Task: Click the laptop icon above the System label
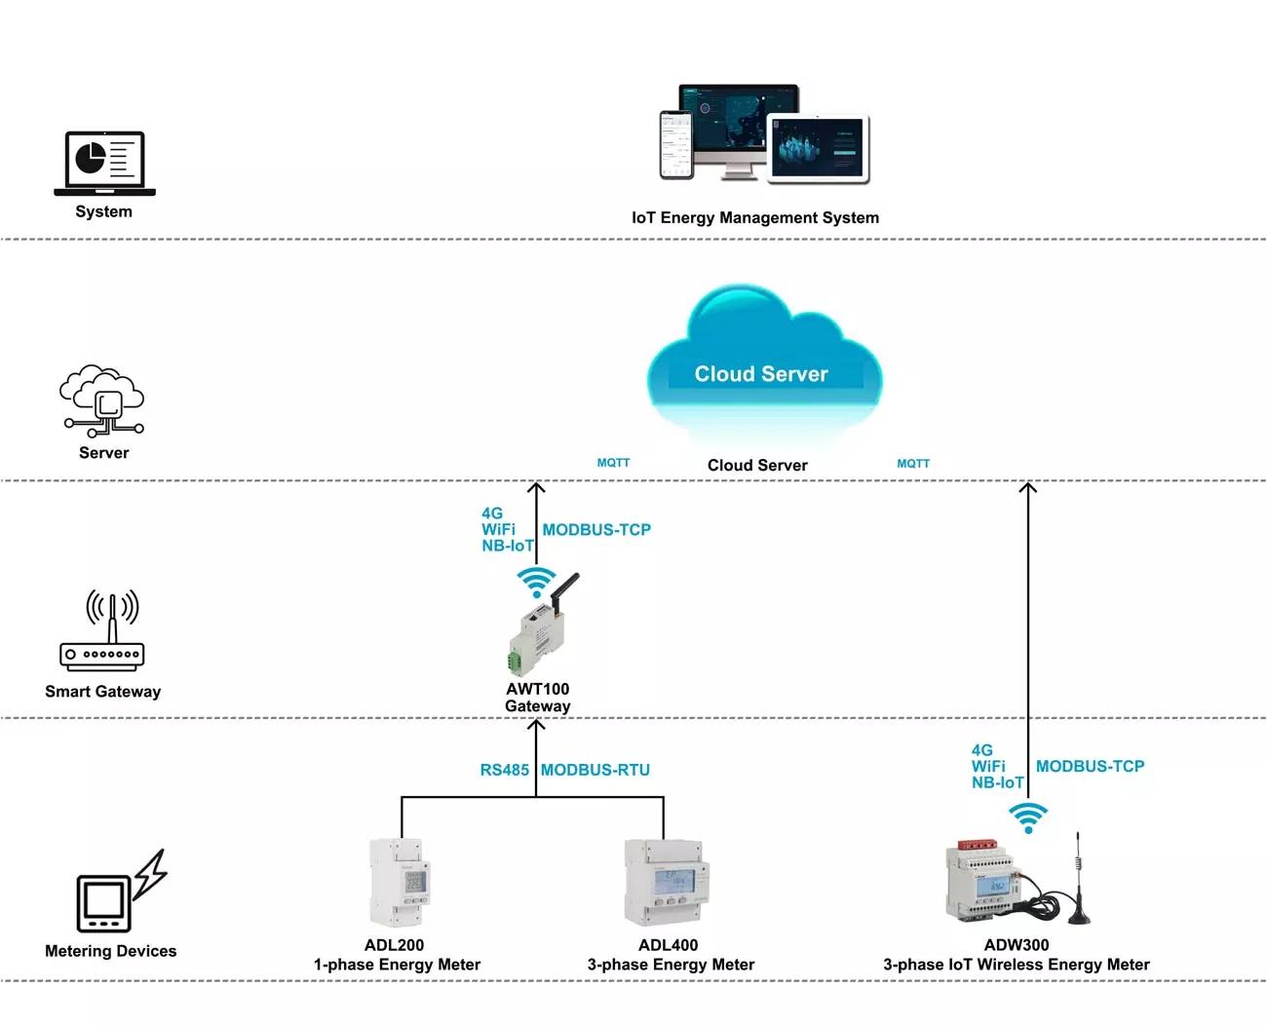pyautogui.click(x=104, y=163)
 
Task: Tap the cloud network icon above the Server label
pyautogui.click(x=102, y=400)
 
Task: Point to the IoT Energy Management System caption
pyautogui.click(x=754, y=218)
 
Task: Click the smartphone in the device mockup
pyautogui.click(x=675, y=144)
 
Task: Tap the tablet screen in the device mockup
pyautogui.click(x=818, y=147)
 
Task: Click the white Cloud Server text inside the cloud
pyautogui.click(x=760, y=374)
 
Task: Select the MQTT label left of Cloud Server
pyautogui.click(x=613, y=464)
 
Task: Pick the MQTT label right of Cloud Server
pyautogui.click(x=913, y=464)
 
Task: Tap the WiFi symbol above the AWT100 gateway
pyautogui.click(x=535, y=581)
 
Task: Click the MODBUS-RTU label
pyautogui.click(x=595, y=770)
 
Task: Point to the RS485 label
pyautogui.click(x=504, y=770)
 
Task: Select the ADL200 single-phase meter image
pyautogui.click(x=399, y=883)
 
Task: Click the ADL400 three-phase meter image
pyautogui.click(x=667, y=883)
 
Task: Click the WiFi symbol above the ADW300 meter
pyautogui.click(x=1027, y=817)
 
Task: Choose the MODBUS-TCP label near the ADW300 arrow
pyautogui.click(x=1090, y=767)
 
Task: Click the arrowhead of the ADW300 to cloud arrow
pyautogui.click(x=1027, y=486)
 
